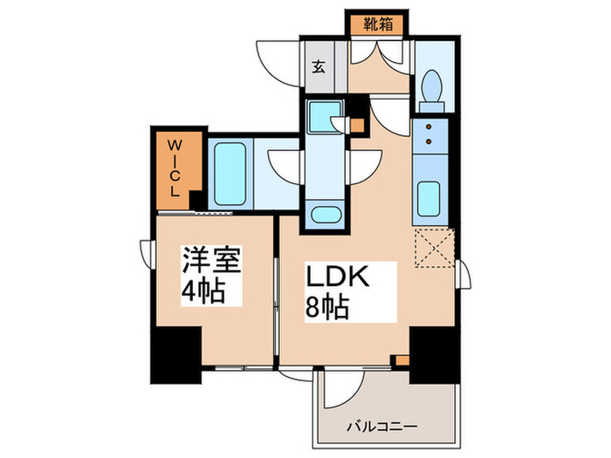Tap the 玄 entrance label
click(x=319, y=66)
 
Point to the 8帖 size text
click(x=326, y=308)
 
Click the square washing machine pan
click(x=326, y=114)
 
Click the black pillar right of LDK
click(x=433, y=354)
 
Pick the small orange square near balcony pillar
click(x=402, y=359)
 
